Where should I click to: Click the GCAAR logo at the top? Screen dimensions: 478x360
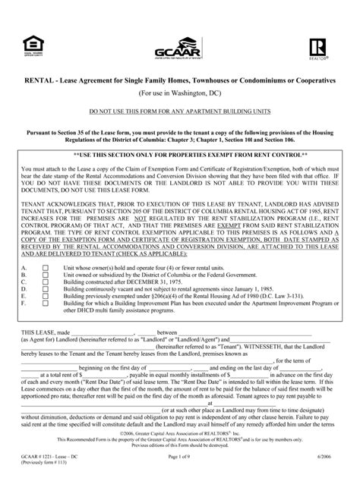pyautogui.click(x=179, y=41)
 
